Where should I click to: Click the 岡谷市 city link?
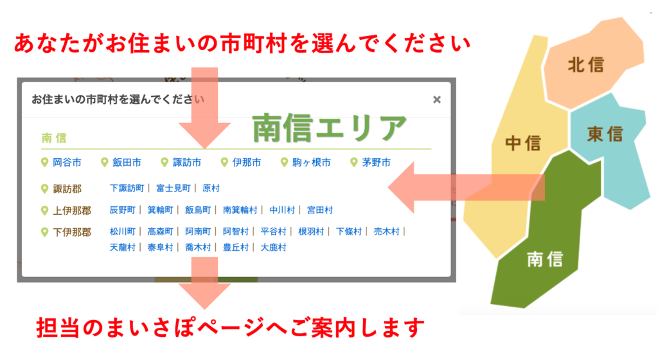67,163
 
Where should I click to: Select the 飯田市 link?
127,163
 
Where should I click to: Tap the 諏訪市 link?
187,163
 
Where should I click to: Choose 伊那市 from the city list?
247,163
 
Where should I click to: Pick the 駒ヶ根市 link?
312,163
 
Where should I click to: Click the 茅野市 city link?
377,163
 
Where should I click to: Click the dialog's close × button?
437,100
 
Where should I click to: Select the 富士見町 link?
173,188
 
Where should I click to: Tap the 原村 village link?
211,188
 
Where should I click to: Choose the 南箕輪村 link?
240,210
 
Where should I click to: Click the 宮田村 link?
320,210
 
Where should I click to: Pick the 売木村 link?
386,231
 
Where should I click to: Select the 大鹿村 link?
273,248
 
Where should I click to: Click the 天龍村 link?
123,248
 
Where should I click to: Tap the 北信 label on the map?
586,65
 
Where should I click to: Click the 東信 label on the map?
605,134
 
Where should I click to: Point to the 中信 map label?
523,143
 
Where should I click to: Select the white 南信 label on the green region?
545,259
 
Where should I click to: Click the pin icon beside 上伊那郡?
44,211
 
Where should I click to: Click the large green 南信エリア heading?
330,127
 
